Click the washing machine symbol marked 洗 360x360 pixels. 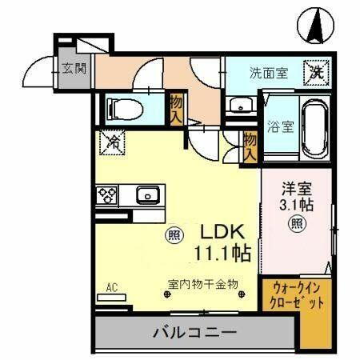317,71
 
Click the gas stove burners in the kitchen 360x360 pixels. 107,195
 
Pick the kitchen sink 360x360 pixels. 146,194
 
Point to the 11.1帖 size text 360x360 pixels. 222,254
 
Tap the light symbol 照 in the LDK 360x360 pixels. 173,235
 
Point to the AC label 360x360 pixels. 112,285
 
